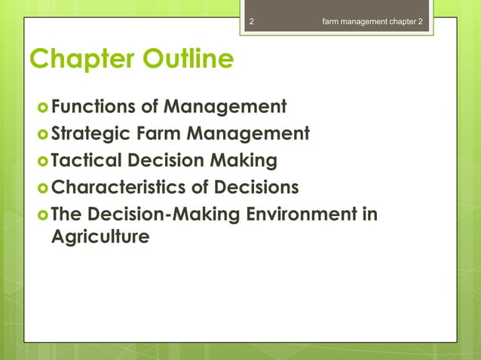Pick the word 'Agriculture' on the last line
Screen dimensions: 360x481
pyautogui.click(x=100, y=236)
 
